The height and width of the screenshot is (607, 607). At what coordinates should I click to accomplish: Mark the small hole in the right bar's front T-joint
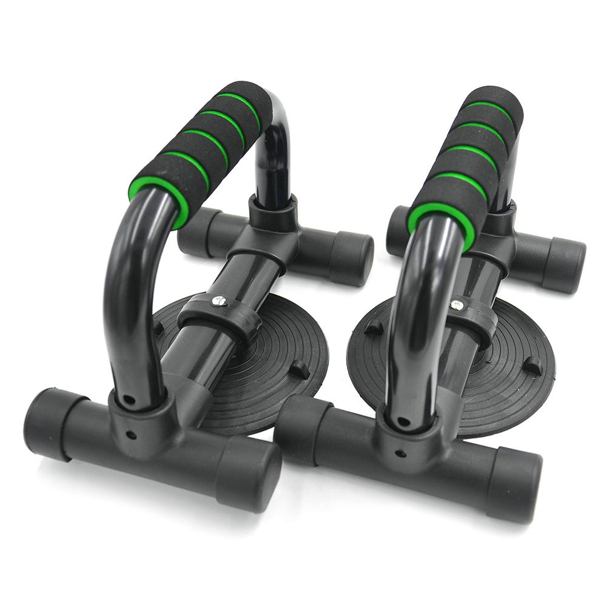coord(400,452)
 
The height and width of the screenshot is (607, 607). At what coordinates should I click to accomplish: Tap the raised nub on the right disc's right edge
coord(532,365)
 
